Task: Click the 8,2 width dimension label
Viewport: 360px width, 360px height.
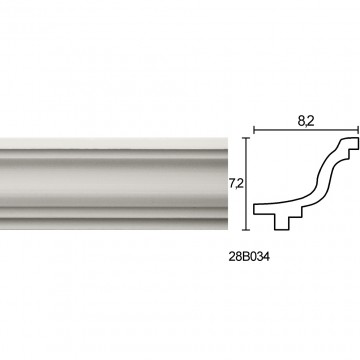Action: click(x=306, y=121)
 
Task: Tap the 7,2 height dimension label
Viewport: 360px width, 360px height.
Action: click(x=236, y=184)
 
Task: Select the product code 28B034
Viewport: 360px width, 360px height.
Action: click(x=249, y=257)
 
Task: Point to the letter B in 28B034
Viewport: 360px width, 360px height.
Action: click(x=245, y=257)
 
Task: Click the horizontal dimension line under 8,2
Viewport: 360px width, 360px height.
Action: click(x=306, y=130)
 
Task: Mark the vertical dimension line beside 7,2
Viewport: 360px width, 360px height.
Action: click(x=246, y=184)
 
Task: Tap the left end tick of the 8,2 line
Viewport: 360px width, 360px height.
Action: click(x=254, y=130)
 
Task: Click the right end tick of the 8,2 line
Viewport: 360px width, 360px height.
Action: click(x=358, y=130)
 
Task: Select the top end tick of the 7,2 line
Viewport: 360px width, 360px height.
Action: click(x=246, y=138)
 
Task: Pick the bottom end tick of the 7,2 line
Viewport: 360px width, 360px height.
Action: click(x=246, y=230)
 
